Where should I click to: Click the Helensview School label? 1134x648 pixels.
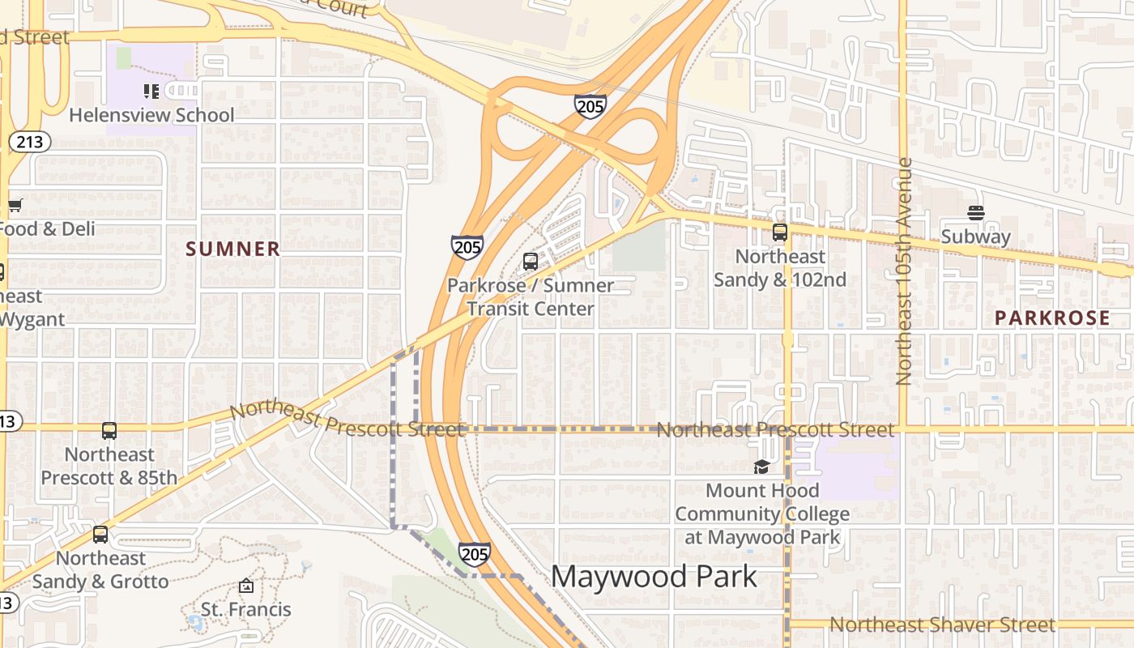pyautogui.click(x=151, y=115)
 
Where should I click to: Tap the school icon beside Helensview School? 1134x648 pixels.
pyautogui.click(x=151, y=92)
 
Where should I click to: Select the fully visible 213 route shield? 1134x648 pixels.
pyautogui.click(x=30, y=143)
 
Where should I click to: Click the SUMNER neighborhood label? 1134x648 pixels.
pyautogui.click(x=233, y=249)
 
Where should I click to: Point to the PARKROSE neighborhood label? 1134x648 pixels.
pyautogui.click(x=1052, y=318)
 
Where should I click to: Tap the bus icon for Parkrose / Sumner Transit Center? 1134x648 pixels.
pyautogui.click(x=531, y=262)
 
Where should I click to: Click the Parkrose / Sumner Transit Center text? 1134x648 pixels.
pyautogui.click(x=531, y=297)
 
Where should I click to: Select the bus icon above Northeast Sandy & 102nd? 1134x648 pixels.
pyautogui.click(x=780, y=232)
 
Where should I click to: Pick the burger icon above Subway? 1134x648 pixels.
pyautogui.click(x=976, y=214)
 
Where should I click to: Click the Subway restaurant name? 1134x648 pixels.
pyautogui.click(x=976, y=237)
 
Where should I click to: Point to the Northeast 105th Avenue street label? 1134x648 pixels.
pyautogui.click(x=905, y=271)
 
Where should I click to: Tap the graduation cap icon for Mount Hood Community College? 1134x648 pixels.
pyautogui.click(x=761, y=467)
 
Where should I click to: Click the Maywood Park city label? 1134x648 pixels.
pyautogui.click(x=654, y=577)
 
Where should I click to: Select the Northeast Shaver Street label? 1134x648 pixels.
pyautogui.click(x=942, y=625)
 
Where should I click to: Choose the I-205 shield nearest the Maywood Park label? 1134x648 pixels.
pyautogui.click(x=474, y=554)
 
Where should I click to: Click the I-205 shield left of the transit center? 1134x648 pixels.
pyautogui.click(x=467, y=247)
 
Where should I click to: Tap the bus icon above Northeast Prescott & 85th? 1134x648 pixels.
pyautogui.click(x=109, y=431)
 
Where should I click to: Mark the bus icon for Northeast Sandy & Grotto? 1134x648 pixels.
pyautogui.click(x=100, y=535)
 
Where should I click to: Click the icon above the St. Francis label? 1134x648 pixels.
pyautogui.click(x=246, y=586)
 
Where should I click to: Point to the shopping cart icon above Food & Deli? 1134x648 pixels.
pyautogui.click(x=15, y=206)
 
